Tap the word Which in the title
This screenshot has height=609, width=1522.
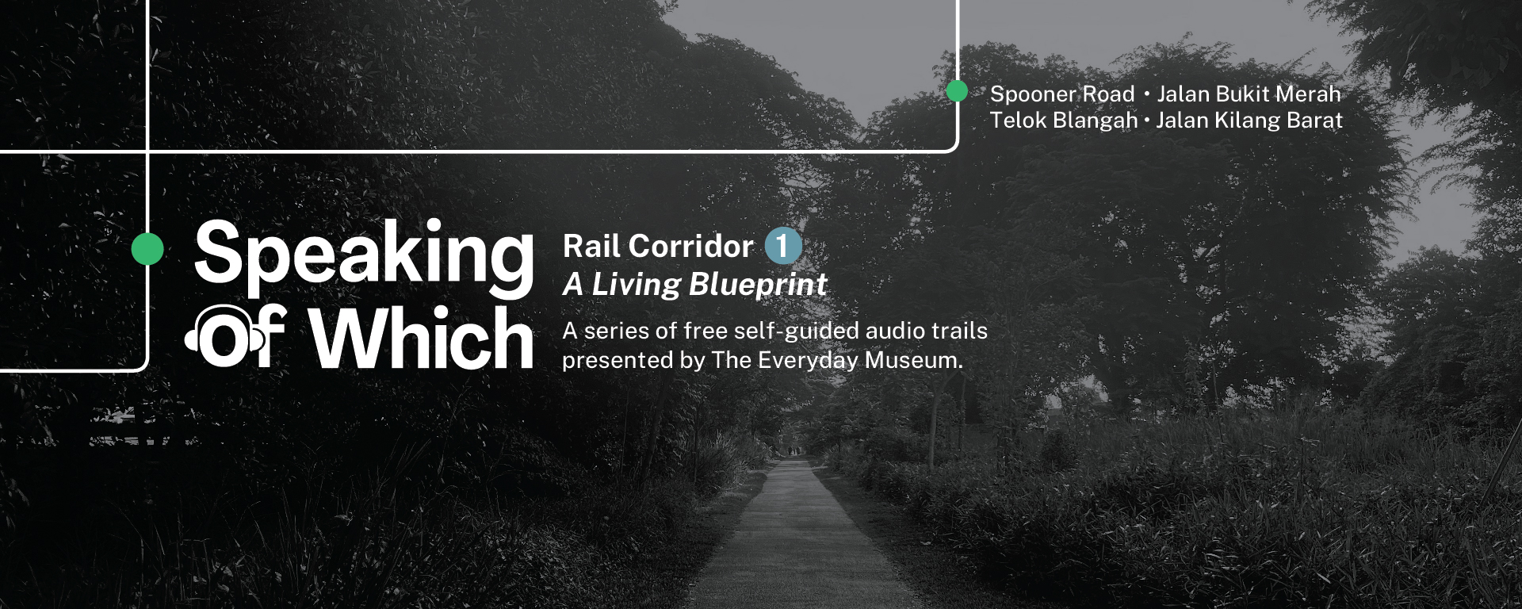[x=422, y=339]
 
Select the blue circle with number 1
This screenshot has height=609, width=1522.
[x=783, y=246]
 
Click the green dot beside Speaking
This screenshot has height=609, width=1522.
[x=147, y=248]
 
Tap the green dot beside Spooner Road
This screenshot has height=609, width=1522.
[x=957, y=91]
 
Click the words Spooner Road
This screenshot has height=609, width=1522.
[x=1062, y=94]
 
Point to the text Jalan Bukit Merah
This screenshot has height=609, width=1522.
[x=1249, y=94]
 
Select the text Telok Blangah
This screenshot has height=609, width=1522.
[x=1064, y=121]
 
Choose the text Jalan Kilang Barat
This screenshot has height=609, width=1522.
[x=1249, y=121]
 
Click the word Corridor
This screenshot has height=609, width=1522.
[x=691, y=247]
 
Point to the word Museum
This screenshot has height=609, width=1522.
[x=913, y=361]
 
